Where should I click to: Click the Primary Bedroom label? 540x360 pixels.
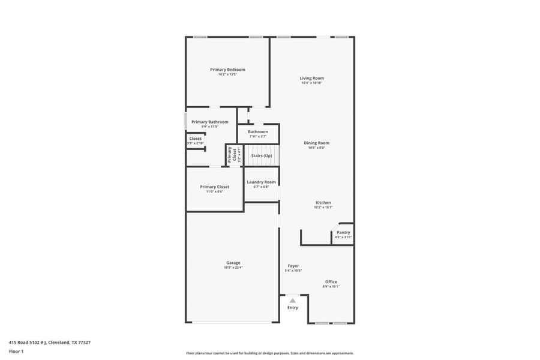pyautogui.click(x=227, y=70)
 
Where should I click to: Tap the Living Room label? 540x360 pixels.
pyautogui.click(x=312, y=78)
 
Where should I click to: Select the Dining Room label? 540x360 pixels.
pyautogui.click(x=316, y=143)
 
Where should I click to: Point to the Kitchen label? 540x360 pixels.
pyautogui.click(x=323, y=203)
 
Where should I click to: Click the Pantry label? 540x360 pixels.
pyautogui.click(x=343, y=232)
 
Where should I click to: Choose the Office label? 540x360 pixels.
pyautogui.click(x=331, y=282)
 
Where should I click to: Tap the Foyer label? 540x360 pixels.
pyautogui.click(x=293, y=266)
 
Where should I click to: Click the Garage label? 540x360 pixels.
pyautogui.click(x=233, y=263)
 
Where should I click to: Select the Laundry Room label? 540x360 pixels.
pyautogui.click(x=261, y=182)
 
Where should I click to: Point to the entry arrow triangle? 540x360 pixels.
pyautogui.click(x=292, y=300)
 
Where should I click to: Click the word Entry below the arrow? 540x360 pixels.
pyautogui.click(x=292, y=308)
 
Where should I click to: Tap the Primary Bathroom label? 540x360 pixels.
pyautogui.click(x=209, y=122)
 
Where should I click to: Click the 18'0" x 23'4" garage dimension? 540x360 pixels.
pyautogui.click(x=233, y=268)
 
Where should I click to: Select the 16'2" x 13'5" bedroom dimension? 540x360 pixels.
pyautogui.click(x=227, y=74)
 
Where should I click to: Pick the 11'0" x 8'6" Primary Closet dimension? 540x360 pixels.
pyautogui.click(x=215, y=191)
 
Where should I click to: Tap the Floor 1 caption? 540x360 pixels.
pyautogui.click(x=16, y=351)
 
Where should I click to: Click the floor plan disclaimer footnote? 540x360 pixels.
pyautogui.click(x=270, y=353)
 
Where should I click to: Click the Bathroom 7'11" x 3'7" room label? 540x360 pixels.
pyautogui.click(x=258, y=131)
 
